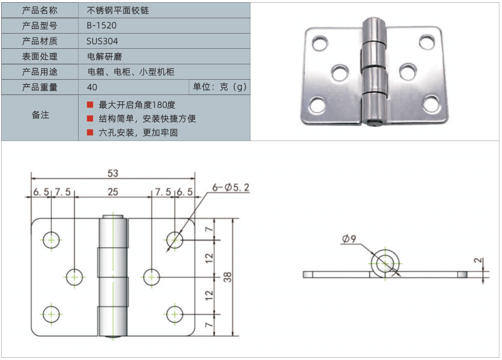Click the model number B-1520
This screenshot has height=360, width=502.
[x=101, y=25]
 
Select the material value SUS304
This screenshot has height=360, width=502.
[x=102, y=41]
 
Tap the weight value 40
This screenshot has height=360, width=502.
[x=92, y=87]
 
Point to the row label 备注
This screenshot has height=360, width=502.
[x=40, y=115]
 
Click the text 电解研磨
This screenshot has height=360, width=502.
[x=102, y=56]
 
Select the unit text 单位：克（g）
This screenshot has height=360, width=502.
[x=220, y=87]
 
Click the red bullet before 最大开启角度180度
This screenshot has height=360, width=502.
[x=90, y=105]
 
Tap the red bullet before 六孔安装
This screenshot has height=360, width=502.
[x=90, y=132]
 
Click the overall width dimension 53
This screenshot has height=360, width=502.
[x=113, y=173]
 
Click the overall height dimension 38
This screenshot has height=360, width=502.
[x=228, y=277]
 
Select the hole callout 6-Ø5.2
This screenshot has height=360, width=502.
[x=231, y=188]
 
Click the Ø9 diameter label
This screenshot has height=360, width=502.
[x=349, y=239]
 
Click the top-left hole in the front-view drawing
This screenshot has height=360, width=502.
[x=52, y=239]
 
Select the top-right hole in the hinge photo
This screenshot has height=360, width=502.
[x=427, y=41]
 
